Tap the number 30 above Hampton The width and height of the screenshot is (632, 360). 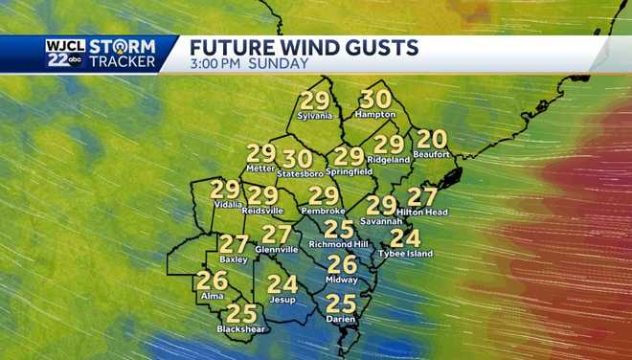coord(374,99)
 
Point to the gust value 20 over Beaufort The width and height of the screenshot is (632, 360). coord(433,139)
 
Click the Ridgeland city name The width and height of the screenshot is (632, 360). coord(389,159)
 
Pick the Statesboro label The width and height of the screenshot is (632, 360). coord(297,173)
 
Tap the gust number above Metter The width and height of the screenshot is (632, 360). coord(260,153)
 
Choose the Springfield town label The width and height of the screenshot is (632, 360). coord(349,171)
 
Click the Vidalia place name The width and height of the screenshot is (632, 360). coord(225,204)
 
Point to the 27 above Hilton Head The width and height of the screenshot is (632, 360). coord(422,197)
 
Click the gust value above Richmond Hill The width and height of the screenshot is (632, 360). coord(338,229)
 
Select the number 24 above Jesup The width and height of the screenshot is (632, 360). coord(282,283)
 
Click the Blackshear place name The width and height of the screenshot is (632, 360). coord(240,328)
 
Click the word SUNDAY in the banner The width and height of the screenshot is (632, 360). coord(278,63)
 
